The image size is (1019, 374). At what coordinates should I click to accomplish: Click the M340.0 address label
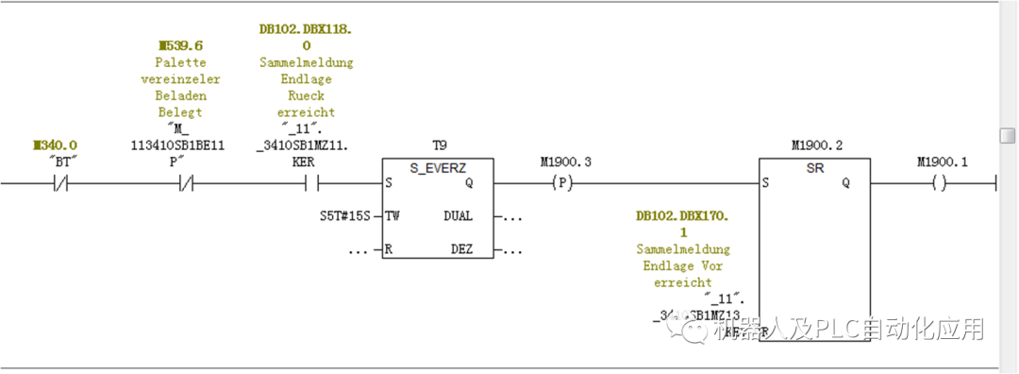pyautogui.click(x=55, y=145)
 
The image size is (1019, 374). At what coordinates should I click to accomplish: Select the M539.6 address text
pyautogui.click(x=180, y=45)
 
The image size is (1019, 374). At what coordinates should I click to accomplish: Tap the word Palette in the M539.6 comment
pyautogui.click(x=180, y=62)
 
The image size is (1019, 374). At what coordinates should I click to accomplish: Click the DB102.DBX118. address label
pyautogui.click(x=305, y=29)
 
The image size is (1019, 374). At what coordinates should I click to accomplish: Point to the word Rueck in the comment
pyautogui.click(x=305, y=95)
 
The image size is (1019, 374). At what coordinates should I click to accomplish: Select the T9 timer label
pyautogui.click(x=438, y=145)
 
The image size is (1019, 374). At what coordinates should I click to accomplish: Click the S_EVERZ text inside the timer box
pyautogui.click(x=438, y=167)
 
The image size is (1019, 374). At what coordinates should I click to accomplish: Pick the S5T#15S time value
pyautogui.click(x=345, y=216)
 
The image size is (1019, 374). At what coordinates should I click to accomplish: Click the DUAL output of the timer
pyautogui.click(x=458, y=216)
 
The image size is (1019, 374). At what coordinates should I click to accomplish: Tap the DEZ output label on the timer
pyautogui.click(x=461, y=250)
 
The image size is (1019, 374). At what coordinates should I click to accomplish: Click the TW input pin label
pyautogui.click(x=393, y=216)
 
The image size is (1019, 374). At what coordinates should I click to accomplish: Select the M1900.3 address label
pyautogui.click(x=565, y=162)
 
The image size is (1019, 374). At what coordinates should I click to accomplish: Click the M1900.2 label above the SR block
pyautogui.click(x=816, y=145)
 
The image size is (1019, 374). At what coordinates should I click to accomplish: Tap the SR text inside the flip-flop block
pyautogui.click(x=816, y=167)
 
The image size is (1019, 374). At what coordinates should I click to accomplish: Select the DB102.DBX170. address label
pyautogui.click(x=682, y=216)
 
